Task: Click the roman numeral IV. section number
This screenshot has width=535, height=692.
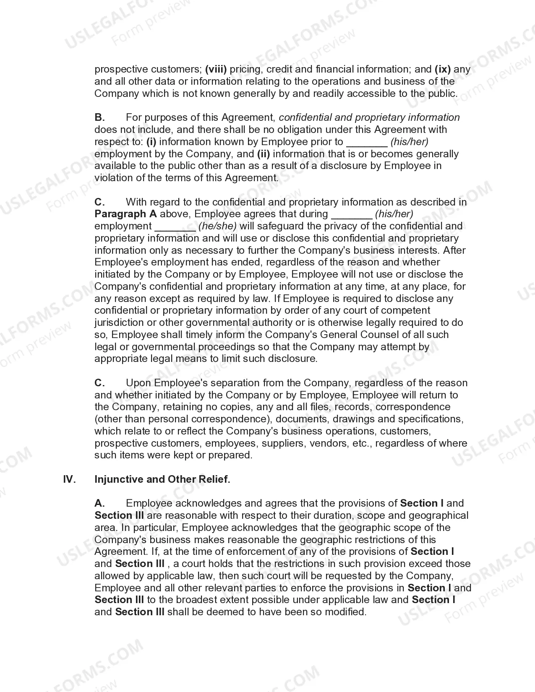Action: click(69, 479)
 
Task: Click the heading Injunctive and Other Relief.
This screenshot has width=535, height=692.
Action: click(162, 479)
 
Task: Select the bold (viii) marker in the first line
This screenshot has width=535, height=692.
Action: click(216, 69)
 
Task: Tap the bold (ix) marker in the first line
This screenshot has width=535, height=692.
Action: click(442, 69)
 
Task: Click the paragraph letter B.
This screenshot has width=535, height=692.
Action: click(99, 117)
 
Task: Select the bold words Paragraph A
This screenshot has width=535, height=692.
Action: click(125, 214)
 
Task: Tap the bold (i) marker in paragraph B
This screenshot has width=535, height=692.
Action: click(151, 142)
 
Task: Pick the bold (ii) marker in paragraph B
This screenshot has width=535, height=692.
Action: click(264, 154)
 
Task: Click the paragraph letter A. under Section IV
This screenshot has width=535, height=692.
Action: click(99, 503)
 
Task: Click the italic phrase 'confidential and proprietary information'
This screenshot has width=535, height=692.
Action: click(369, 117)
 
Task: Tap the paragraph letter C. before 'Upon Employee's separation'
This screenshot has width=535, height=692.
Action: click(99, 383)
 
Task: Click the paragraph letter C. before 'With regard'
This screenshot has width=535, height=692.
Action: click(99, 202)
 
